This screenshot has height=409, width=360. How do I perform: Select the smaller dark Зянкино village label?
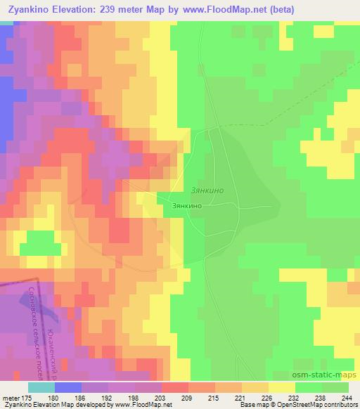[x=188, y=206]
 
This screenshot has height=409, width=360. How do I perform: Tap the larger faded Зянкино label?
[x=209, y=188]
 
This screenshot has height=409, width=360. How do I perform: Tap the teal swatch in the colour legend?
[x=41, y=387]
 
